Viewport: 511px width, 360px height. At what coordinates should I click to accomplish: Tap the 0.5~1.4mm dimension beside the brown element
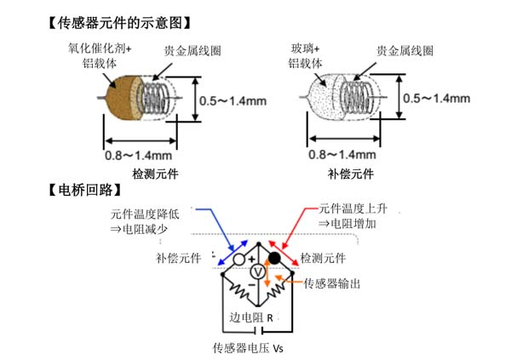pos(233,100)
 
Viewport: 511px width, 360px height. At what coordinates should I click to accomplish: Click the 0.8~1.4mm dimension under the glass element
pos(342,156)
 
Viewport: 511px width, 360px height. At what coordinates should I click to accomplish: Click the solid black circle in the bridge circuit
pos(275,257)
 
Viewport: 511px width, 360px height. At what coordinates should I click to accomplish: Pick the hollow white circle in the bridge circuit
pos(240,257)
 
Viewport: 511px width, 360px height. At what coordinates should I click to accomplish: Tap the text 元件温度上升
pos(353,207)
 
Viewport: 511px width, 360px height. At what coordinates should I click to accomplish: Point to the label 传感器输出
pos(332,283)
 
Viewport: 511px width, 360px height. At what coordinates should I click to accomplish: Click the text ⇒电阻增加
pos(347,223)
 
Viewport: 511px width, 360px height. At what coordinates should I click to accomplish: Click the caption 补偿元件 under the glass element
pos(351,174)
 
